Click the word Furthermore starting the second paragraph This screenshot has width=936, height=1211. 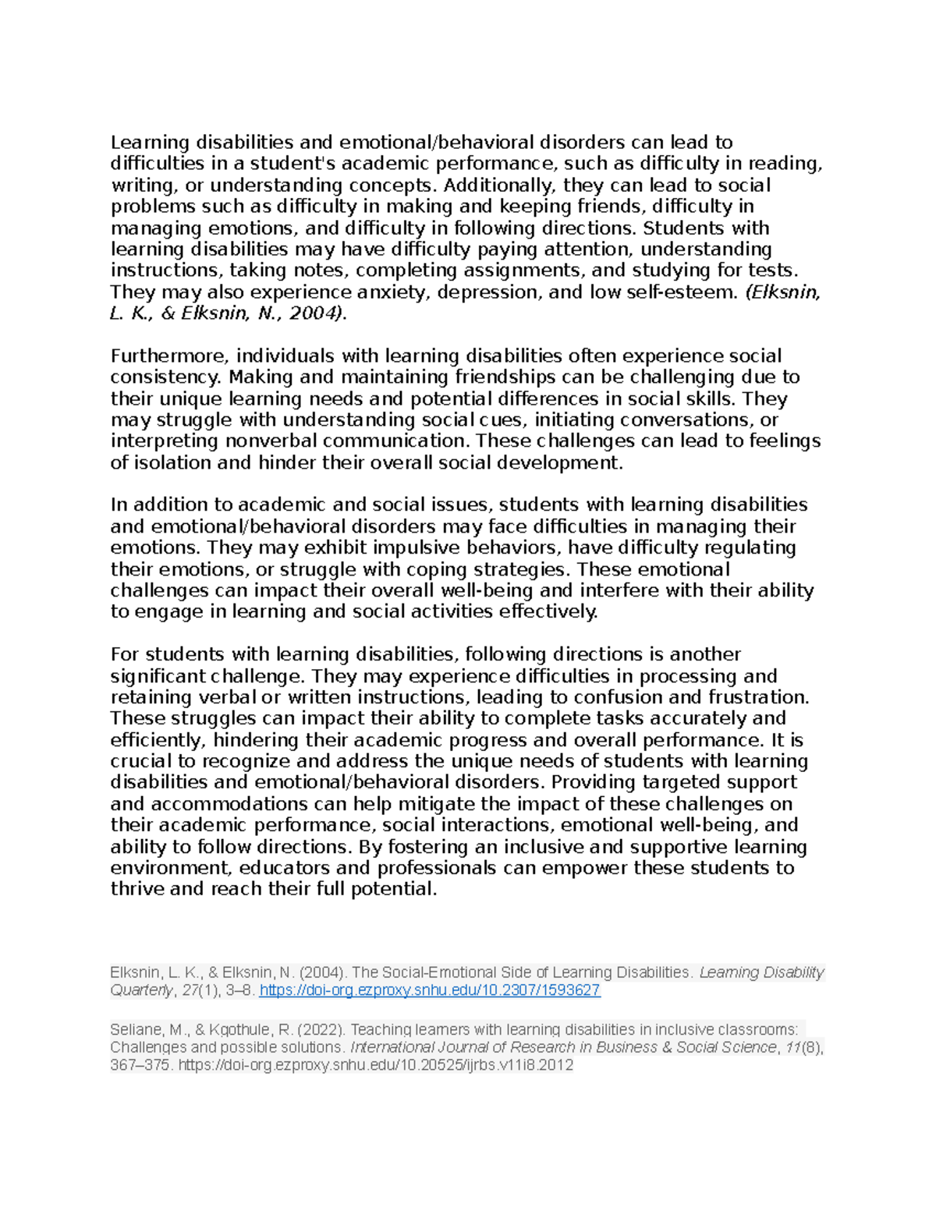[167, 356]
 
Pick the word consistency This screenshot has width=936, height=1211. [165, 377]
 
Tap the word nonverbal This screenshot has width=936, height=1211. [271, 441]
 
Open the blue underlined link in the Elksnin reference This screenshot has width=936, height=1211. [429, 991]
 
